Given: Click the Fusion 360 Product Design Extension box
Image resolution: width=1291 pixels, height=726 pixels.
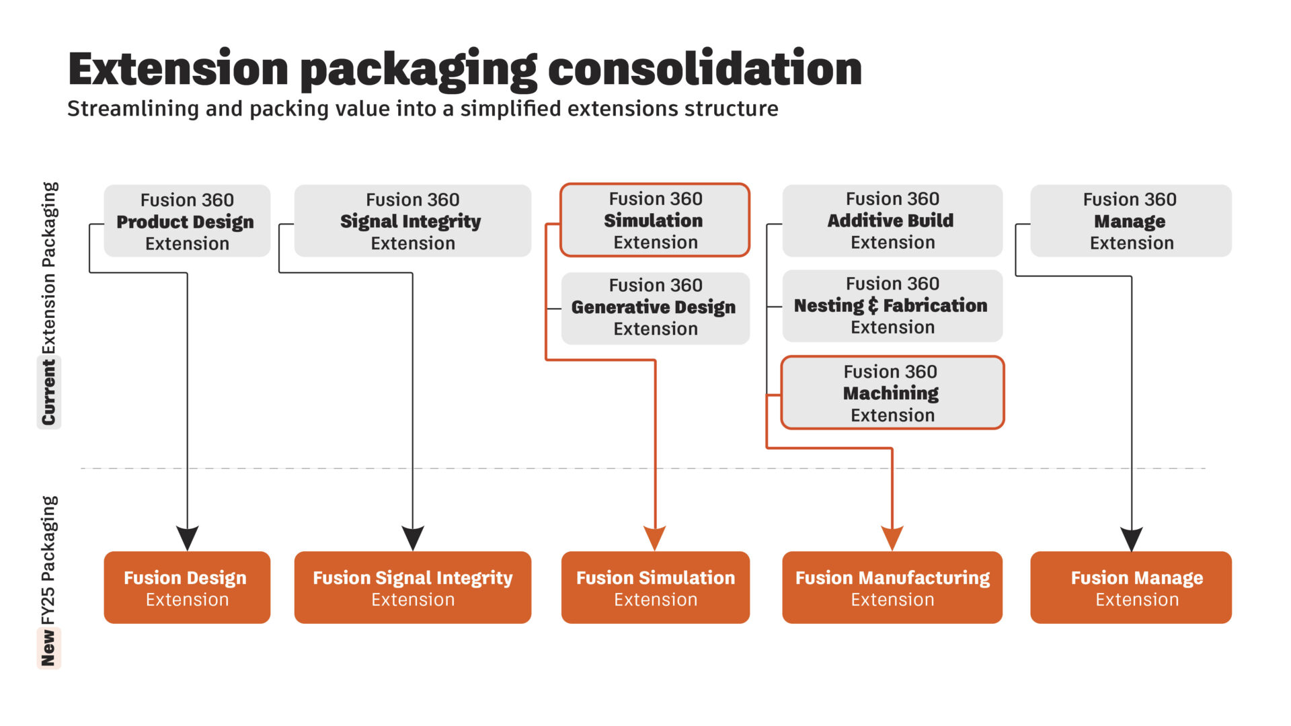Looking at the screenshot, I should pyautogui.click(x=187, y=221).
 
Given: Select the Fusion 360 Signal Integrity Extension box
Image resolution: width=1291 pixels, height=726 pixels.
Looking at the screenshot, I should pyautogui.click(x=412, y=221).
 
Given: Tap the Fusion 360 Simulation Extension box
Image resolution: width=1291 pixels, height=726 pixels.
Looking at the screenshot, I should pyautogui.click(x=655, y=220).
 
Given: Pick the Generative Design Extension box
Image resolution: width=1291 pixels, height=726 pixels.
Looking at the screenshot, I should pyautogui.click(x=655, y=308).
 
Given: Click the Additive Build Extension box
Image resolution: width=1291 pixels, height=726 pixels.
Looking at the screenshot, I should pyautogui.click(x=892, y=220).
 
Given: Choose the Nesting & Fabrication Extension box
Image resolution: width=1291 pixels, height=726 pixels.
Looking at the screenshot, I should pyautogui.click(x=892, y=306).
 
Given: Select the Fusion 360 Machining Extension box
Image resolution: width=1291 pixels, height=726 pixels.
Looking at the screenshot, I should pyautogui.click(x=892, y=393).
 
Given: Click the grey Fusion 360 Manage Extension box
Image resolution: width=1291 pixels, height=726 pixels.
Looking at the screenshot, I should pyautogui.click(x=1131, y=221).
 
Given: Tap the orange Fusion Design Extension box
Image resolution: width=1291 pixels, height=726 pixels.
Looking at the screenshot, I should pyautogui.click(x=187, y=588).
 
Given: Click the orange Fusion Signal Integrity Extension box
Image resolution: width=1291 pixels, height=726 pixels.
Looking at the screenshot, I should pyautogui.click(x=412, y=588).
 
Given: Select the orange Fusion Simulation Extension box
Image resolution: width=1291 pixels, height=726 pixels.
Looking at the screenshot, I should pyautogui.click(x=655, y=588).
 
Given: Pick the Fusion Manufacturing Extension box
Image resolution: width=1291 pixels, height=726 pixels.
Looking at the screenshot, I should pyautogui.click(x=892, y=588).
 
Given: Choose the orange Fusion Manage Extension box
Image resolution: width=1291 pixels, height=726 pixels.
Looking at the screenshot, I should pyautogui.click(x=1131, y=588).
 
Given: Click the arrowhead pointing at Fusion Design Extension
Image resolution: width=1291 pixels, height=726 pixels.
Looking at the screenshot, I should pyautogui.click(x=187, y=538).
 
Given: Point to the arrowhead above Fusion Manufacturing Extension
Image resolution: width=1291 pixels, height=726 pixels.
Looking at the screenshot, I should pyautogui.click(x=892, y=538).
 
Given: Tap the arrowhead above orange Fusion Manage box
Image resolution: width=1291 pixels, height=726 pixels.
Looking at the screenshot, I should pyautogui.click(x=1132, y=538).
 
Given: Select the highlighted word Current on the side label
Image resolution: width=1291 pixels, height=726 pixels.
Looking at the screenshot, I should pyautogui.click(x=48, y=392).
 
